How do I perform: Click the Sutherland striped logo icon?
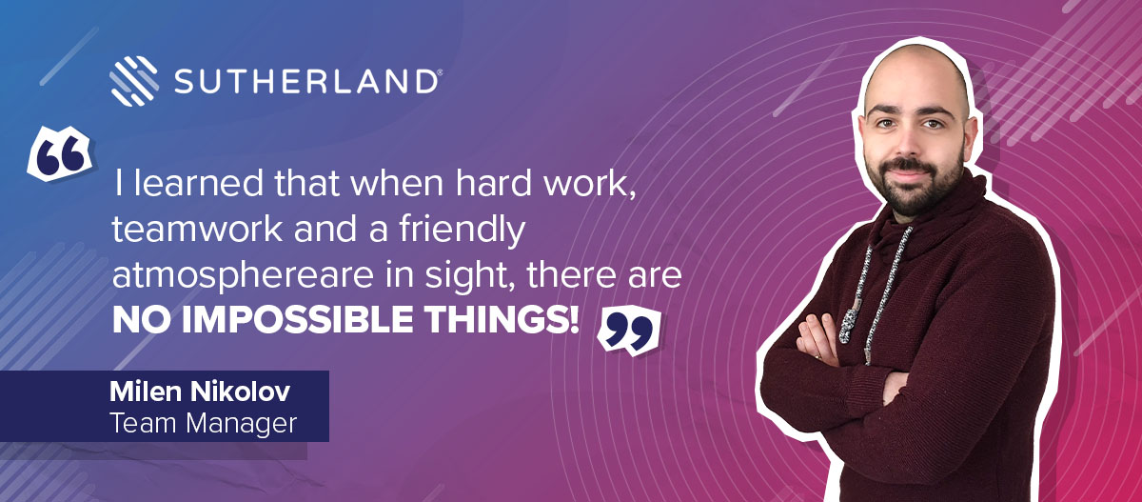tap(133, 81)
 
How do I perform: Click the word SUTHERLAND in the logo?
tap(305, 82)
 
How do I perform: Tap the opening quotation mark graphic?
tap(60, 153)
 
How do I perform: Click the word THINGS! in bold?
tap(503, 319)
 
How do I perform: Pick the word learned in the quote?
tap(198, 183)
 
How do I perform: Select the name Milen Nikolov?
tap(200, 392)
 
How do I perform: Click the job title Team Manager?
tap(203, 424)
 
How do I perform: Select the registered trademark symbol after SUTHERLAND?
tap(440, 73)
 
